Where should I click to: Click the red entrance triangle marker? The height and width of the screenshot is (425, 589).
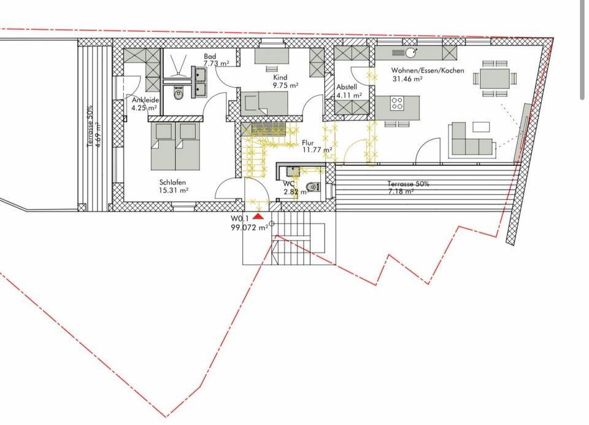[258, 216]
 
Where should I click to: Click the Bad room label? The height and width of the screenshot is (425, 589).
[210, 57]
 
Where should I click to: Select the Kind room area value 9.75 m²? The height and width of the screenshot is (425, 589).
[285, 85]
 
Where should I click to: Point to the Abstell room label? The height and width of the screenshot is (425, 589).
[347, 87]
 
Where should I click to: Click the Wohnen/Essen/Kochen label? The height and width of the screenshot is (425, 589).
[428, 71]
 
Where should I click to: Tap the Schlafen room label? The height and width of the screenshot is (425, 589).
[173, 182]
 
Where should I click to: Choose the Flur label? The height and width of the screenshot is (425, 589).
[307, 143]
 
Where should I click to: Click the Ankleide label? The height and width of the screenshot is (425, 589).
[145, 101]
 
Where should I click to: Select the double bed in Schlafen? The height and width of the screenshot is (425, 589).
[175, 146]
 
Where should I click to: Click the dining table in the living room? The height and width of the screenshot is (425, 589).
[495, 78]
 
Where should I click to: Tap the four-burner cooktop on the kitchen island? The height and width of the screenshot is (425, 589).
[397, 103]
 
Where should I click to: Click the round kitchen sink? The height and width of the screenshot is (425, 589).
[409, 53]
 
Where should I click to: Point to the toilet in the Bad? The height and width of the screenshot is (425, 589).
[178, 93]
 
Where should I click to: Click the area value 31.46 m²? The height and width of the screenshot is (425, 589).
[407, 79]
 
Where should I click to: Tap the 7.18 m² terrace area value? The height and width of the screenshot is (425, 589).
[401, 192]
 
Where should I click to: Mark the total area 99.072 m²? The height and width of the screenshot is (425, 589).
[250, 227]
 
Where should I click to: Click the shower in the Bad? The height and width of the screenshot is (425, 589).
[178, 66]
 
